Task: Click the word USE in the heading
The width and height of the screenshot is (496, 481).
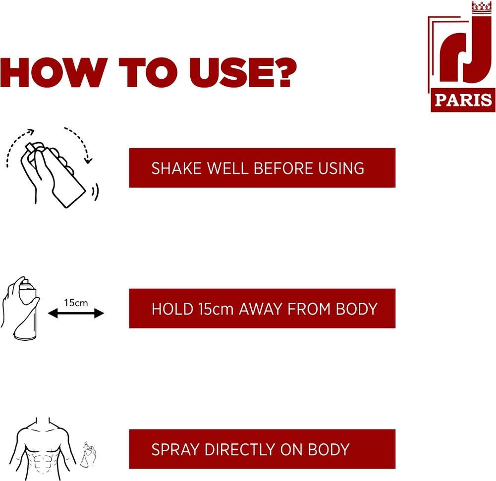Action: coord(231,72)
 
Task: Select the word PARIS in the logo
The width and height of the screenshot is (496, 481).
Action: coord(463,100)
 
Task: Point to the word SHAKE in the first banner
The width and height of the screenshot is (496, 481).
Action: coord(176,168)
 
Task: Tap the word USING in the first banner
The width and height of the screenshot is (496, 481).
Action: coord(341,168)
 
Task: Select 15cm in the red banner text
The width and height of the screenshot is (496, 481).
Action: coord(216,309)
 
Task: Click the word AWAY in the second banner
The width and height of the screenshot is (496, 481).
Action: coord(261,309)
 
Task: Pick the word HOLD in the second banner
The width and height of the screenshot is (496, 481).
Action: coord(172,309)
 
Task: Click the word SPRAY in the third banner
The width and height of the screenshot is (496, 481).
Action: coord(175,449)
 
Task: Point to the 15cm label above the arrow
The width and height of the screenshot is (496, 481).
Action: coord(76,303)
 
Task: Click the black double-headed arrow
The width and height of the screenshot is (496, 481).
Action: coord(76,314)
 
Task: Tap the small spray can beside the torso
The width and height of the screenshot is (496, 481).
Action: coord(88,455)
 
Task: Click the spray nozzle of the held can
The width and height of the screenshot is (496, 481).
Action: coord(26,281)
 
